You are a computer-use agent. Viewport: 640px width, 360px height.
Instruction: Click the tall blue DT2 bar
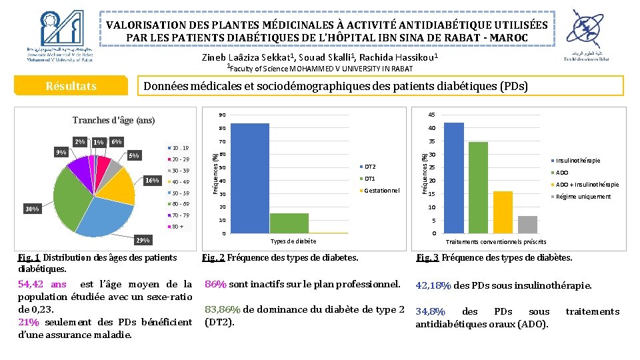point(249,178)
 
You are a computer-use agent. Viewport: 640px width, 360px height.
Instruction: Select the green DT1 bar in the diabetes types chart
point(289,223)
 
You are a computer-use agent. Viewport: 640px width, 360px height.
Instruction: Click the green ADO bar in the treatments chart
point(478,187)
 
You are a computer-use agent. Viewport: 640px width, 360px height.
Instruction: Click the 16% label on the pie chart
point(153,180)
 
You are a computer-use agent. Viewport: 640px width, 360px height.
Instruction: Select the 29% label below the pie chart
point(143,240)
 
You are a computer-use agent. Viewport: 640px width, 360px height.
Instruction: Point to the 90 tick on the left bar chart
point(223,115)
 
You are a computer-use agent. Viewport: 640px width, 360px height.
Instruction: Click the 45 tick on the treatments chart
point(432,114)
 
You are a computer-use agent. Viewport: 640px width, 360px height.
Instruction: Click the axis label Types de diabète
point(293,241)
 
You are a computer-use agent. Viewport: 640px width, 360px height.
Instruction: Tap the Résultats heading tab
point(71,86)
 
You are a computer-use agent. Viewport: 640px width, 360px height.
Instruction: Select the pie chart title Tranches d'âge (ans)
point(113,121)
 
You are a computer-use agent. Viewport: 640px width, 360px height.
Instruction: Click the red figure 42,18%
point(433,285)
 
